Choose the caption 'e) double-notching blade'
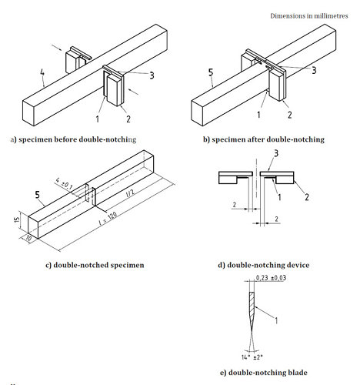click(262, 373)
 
